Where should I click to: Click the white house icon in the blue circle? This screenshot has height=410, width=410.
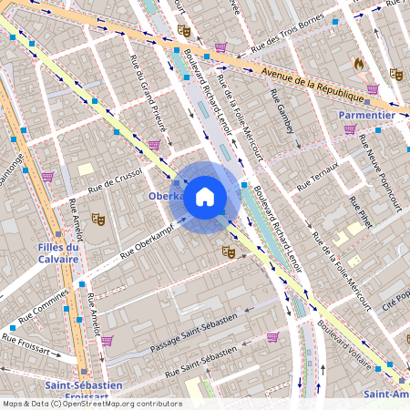[x=205, y=197]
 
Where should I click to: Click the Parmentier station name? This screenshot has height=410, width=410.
[x=366, y=115]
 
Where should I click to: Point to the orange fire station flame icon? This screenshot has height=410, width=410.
[x=358, y=65]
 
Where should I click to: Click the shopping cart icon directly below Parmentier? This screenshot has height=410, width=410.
[x=350, y=130]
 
